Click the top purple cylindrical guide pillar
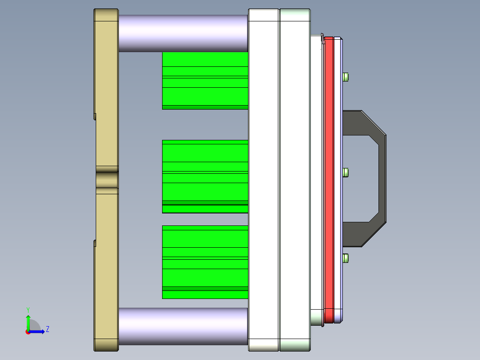[183, 33]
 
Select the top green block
[205, 81]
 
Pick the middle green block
[205, 176]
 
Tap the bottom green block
[205, 262]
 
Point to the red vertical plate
[329, 178]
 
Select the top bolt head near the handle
[346, 77]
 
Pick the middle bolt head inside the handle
[346, 172]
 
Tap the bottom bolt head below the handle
[346, 258]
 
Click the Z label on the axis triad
[47, 329]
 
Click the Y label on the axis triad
[28, 309]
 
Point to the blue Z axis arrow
[38, 331]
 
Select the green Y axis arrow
[28, 322]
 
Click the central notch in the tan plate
[106, 180]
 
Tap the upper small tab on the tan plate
[95, 117]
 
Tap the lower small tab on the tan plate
[95, 243]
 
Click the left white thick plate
[264, 178]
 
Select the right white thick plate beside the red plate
[294, 178]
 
